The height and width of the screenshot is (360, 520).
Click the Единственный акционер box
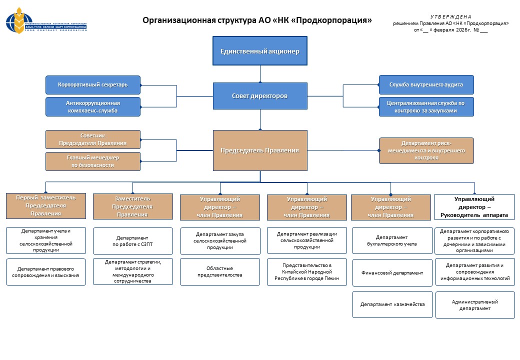pyautogui.click(x=259, y=50)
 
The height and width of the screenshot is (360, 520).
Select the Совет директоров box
pyautogui.click(x=259, y=95)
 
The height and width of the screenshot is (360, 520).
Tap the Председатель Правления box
pyautogui.click(x=259, y=150)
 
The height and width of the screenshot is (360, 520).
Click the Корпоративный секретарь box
pyautogui.click(x=92, y=85)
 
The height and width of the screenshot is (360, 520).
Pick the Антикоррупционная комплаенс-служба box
pyautogui.click(x=92, y=106)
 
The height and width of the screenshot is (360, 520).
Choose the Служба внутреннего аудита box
pyautogui.click(x=426, y=85)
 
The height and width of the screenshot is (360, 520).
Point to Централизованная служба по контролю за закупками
pyautogui.click(x=426, y=106)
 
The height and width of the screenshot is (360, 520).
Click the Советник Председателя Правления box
pyautogui.click(x=92, y=139)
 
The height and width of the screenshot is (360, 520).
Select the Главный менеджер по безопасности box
pyautogui.click(x=92, y=161)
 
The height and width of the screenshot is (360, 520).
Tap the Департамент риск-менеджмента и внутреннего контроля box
pyautogui.click(x=426, y=150)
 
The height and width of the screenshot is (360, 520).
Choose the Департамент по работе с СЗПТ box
pyautogui.click(x=132, y=241)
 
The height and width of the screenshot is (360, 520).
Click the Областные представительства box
pyautogui.click(x=219, y=271)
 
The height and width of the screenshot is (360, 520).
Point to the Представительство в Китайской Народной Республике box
pyautogui.click(x=306, y=272)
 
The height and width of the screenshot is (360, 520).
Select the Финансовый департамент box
pyautogui.click(x=392, y=272)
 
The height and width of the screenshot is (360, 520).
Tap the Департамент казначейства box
pyautogui.click(x=392, y=304)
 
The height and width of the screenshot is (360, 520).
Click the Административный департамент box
pyautogui.click(x=474, y=305)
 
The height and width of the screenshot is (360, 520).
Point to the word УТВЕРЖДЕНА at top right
pyautogui.click(x=450, y=17)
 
